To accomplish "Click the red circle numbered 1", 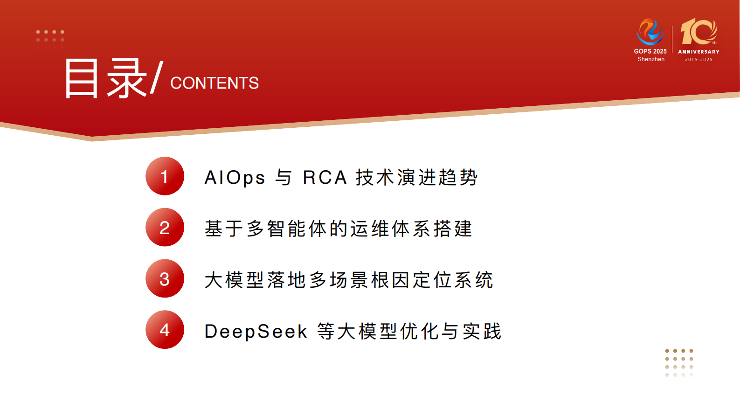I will (x=165, y=176).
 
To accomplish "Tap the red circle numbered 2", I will (x=165, y=228).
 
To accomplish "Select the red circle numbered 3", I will (x=165, y=279).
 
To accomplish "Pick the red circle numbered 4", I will (x=165, y=330).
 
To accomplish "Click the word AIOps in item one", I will (x=235, y=178).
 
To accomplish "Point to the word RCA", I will (x=325, y=178).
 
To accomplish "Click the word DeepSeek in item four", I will (x=256, y=332).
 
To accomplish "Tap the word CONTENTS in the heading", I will (x=214, y=83).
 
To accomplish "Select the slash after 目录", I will (x=157, y=77).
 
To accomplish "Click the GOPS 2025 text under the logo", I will (x=650, y=51).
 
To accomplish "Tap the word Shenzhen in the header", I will (x=651, y=59).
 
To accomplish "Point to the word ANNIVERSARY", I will (x=699, y=52).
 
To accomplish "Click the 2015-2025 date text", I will (x=699, y=60).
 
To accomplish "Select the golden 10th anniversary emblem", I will (x=698, y=32).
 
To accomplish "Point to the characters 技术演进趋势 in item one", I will (x=416, y=178).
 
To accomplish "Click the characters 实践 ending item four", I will (x=482, y=332).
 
